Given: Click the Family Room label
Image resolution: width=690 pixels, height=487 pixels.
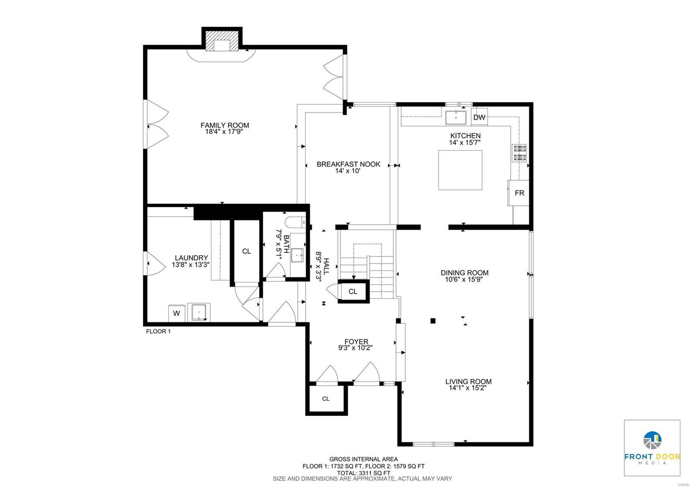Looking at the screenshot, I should pos(225,125).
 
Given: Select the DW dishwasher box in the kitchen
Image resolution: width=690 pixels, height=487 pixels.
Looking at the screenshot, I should pos(479,117).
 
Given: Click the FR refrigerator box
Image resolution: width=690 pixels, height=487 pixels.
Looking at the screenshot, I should pos(519,193).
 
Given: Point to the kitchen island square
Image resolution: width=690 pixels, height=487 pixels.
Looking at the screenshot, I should pos(460,170).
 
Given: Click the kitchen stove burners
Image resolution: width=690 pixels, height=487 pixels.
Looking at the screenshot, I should pos(519,153).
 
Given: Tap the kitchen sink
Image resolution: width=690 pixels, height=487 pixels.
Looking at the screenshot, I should pos(456,117).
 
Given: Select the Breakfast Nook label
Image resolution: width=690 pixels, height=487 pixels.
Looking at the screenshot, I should pos(348,164).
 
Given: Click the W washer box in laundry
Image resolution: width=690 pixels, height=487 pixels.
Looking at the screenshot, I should pos(176,313).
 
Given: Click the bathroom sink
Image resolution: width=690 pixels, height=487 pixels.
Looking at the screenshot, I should pos(298,255).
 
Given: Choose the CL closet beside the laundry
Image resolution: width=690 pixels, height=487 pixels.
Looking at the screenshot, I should pos(246,251).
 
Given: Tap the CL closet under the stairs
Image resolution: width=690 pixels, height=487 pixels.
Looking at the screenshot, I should pos(353,291).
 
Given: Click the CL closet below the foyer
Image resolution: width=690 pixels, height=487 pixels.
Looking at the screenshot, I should pos(326,399).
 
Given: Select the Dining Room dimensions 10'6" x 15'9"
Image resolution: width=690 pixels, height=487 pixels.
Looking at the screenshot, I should pos(464,279).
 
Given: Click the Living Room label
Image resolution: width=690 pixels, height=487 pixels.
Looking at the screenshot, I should pos(468,381).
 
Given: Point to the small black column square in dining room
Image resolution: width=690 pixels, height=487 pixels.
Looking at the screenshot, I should pos(433,321).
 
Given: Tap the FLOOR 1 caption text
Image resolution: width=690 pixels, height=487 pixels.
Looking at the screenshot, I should pos(158,331).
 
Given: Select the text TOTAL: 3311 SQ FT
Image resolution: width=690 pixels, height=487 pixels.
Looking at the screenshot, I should pos(363,472).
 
